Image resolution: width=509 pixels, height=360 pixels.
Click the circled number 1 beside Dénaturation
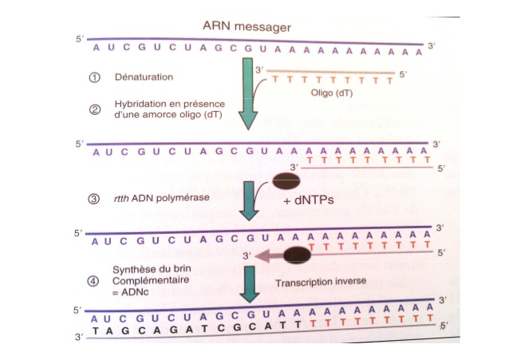[x=94, y=78]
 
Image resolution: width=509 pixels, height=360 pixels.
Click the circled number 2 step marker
[x=94, y=109]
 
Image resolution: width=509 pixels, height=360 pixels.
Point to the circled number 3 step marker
[x=94, y=198]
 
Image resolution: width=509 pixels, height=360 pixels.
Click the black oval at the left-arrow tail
[x=298, y=255]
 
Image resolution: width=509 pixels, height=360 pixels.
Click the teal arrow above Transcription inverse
[x=251, y=281]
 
